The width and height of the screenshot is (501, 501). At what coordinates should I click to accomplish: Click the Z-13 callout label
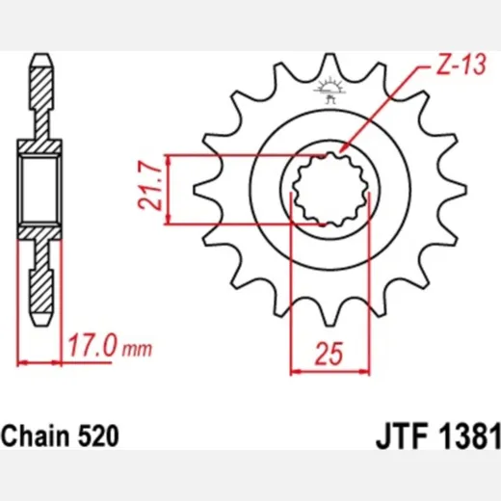[461, 65]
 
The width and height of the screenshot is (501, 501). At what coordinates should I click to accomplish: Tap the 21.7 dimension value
[150, 189]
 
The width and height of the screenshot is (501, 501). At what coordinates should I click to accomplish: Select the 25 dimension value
[330, 354]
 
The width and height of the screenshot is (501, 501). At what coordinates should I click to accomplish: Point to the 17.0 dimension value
[92, 345]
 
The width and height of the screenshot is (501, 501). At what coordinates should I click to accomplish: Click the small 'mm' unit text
[137, 350]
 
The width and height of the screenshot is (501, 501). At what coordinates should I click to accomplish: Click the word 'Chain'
[36, 435]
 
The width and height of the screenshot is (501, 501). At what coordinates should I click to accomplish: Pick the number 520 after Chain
[98, 436]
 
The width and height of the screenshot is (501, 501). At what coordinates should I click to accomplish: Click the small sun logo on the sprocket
[330, 90]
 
